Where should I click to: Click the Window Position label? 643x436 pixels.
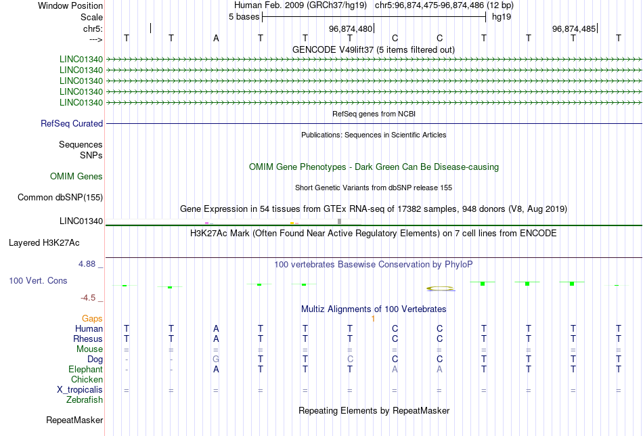tap(70, 5)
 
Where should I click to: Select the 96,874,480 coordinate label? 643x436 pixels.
tap(351, 28)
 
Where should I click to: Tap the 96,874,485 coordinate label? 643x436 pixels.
tap(574, 28)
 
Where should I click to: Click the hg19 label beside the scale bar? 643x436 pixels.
tap(502, 17)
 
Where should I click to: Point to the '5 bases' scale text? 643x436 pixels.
tap(244, 17)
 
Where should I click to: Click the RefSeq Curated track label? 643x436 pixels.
tap(72, 123)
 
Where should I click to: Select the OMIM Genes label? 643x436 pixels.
tap(76, 177)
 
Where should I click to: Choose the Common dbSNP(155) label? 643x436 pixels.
tap(60, 197)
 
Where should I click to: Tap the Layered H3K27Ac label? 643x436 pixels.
tap(44, 243)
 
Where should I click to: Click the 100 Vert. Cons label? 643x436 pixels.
tap(38, 280)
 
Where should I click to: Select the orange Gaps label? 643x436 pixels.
tap(92, 319)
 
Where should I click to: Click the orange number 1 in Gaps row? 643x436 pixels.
tap(373, 319)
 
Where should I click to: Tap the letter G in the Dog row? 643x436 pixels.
tap(216, 359)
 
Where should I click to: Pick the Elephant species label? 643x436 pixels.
tap(86, 370)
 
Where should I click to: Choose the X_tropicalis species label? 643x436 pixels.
tap(80, 390)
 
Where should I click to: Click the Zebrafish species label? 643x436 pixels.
tap(85, 400)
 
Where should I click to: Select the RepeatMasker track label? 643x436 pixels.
tap(74, 420)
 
